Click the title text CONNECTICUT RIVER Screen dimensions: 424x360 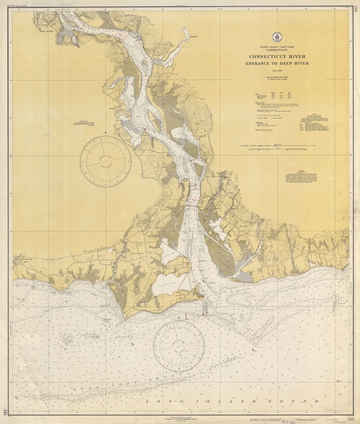pos(279,56)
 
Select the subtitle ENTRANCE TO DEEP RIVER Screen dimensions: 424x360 pos(279,64)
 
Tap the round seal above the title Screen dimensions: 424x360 pos(279,37)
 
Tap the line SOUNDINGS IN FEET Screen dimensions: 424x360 pos(279,77)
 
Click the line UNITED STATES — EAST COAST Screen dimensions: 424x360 pos(279,47)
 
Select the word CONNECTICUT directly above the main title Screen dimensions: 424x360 pos(279,50)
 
